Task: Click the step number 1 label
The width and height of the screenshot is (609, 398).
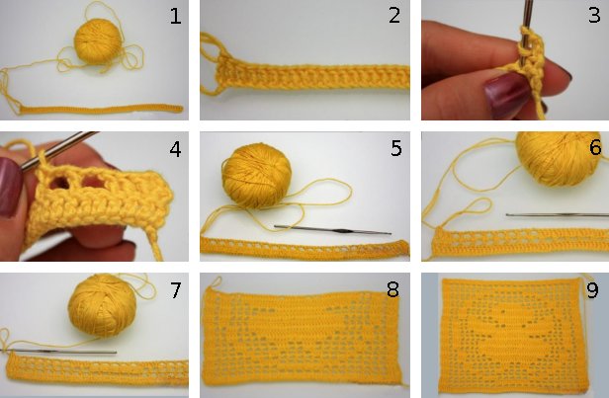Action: coord(176,16)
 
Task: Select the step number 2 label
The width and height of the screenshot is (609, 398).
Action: coord(393,16)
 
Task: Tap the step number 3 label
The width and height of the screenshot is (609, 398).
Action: coord(593,16)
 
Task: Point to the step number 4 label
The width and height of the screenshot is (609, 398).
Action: coord(176,151)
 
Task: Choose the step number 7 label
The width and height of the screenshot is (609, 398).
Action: coord(176,289)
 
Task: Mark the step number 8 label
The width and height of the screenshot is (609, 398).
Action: coord(392,290)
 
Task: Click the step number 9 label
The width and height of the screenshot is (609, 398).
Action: coord(593,290)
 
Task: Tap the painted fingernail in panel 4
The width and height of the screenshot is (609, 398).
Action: coord(10,188)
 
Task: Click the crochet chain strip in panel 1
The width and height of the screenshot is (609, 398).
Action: coord(99,107)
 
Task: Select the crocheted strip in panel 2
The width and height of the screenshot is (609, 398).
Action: coord(311,75)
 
